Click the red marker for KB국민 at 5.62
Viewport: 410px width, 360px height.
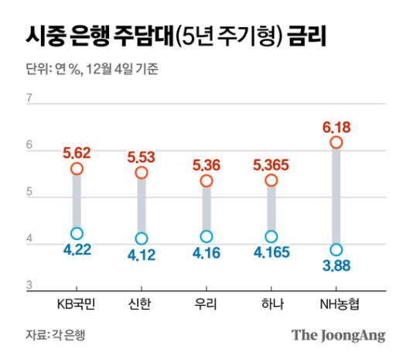(x=77, y=169)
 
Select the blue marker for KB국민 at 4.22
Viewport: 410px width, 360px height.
(x=77, y=233)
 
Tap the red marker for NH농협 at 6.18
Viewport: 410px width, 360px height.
(x=336, y=142)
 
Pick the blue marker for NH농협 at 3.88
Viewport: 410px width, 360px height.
(x=336, y=249)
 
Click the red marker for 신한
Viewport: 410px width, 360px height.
(x=142, y=173)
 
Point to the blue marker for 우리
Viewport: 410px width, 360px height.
(x=206, y=236)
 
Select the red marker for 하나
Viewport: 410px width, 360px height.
(x=271, y=180)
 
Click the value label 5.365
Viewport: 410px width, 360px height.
(x=271, y=164)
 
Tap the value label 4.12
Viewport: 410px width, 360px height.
(x=142, y=255)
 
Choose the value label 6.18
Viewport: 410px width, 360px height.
(x=336, y=126)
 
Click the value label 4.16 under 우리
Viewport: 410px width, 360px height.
(x=206, y=252)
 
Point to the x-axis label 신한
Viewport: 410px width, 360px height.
(x=142, y=303)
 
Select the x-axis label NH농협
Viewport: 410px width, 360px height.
(x=336, y=303)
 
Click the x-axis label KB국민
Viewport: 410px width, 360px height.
(x=77, y=303)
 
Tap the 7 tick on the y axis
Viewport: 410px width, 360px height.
(x=29, y=98)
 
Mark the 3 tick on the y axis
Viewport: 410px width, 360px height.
(x=29, y=286)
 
